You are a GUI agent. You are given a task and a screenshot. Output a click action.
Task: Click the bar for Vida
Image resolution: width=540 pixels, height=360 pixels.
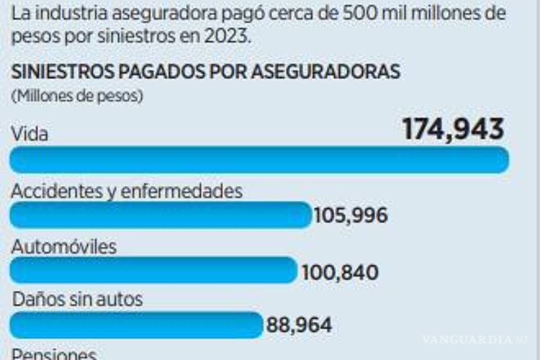pyautogui.click(x=259, y=160)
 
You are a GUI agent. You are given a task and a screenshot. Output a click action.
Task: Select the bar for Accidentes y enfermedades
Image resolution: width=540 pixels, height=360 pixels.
pyautogui.click(x=160, y=215)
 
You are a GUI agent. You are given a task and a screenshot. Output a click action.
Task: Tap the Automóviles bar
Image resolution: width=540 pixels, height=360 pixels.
pyautogui.click(x=153, y=270)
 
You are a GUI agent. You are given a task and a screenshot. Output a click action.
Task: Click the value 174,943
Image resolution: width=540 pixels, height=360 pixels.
pyautogui.click(x=453, y=130)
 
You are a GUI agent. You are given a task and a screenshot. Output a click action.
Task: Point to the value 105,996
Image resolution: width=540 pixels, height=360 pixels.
pyautogui.click(x=351, y=216)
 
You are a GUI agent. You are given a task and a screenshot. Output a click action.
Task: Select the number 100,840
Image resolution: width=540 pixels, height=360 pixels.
pyautogui.click(x=340, y=272)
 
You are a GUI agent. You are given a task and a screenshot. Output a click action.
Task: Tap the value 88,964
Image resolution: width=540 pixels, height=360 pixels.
pyautogui.click(x=299, y=325)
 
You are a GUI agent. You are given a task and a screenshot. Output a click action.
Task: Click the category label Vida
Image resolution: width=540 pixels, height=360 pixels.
pyautogui.click(x=30, y=134)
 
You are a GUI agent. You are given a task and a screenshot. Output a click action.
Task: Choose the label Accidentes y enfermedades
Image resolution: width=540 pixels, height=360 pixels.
pyautogui.click(x=126, y=191)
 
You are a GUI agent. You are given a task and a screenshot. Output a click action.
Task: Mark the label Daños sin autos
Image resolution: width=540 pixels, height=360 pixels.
pyautogui.click(x=77, y=299)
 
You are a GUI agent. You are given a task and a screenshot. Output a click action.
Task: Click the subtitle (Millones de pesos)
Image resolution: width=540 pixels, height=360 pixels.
pyautogui.click(x=77, y=96)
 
